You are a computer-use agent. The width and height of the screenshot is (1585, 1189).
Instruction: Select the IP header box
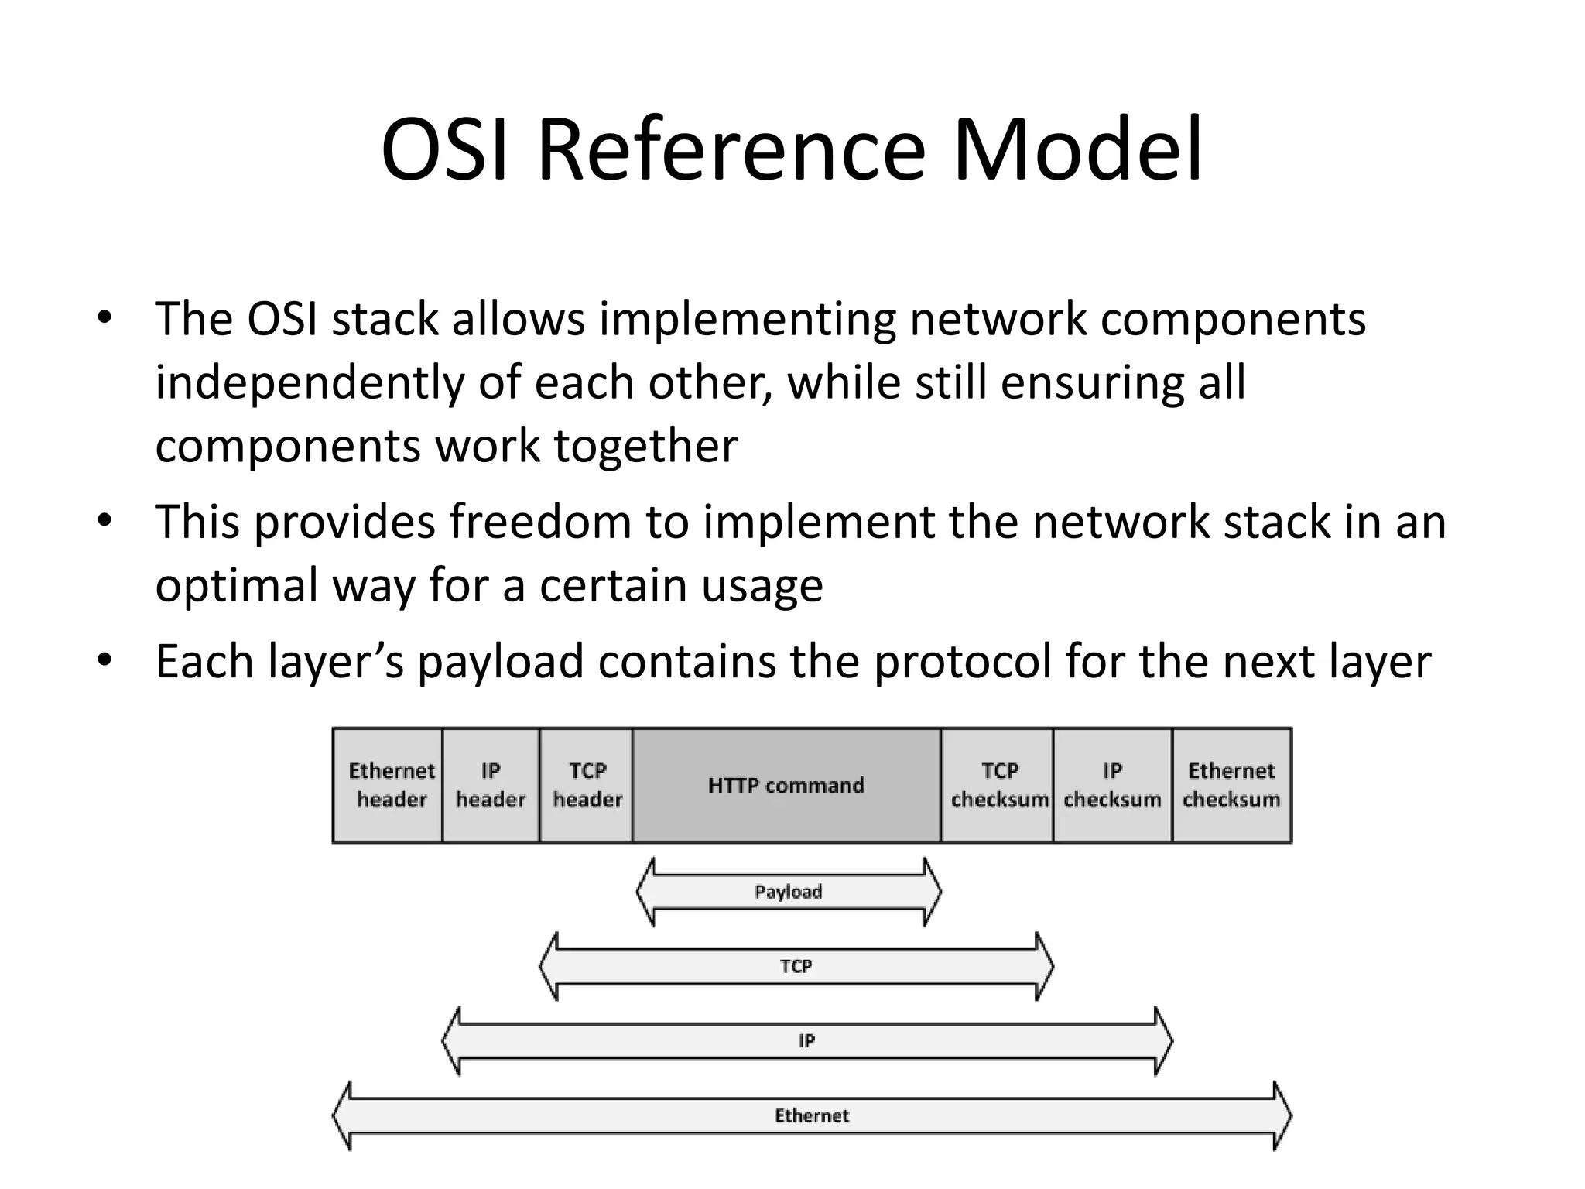point(491,785)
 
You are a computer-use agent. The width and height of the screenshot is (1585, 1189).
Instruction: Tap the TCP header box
point(587,785)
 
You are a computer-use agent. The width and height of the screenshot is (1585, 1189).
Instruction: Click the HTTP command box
point(786,785)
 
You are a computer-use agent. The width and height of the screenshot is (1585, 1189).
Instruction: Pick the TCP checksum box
point(998,785)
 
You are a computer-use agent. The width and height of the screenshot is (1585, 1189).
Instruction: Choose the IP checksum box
point(1112,785)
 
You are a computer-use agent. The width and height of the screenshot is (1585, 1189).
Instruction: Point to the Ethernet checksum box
point(1231,785)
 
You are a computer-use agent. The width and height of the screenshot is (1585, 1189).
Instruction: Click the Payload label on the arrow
point(788,892)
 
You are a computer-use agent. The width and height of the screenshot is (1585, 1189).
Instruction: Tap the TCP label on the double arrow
point(796,966)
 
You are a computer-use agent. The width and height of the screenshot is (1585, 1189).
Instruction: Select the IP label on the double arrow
point(806,1041)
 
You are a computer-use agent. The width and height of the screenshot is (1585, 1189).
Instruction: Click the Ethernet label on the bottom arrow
point(811,1115)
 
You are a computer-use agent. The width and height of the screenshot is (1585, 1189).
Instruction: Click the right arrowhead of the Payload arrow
point(933,892)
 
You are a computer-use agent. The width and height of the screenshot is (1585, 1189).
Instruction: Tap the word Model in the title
point(1077,149)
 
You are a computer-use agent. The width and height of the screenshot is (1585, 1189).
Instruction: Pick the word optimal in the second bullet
point(236,585)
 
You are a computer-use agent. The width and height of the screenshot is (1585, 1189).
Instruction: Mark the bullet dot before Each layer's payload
point(105,660)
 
